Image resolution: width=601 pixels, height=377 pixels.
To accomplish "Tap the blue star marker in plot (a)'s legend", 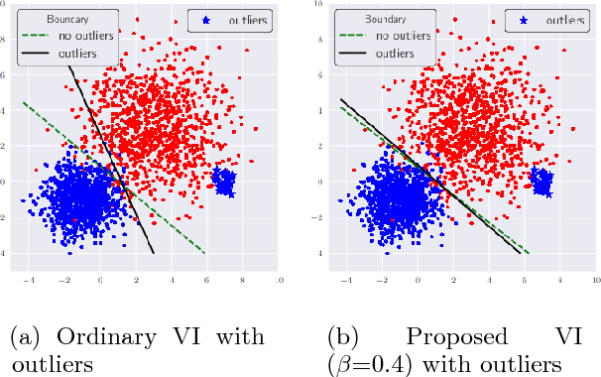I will [206, 19].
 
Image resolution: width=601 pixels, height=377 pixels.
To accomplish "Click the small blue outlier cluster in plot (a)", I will [224, 182].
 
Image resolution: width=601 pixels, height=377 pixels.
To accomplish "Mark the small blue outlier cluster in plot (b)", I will [541, 182].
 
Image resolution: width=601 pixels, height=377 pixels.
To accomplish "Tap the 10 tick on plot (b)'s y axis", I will [315, 4].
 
